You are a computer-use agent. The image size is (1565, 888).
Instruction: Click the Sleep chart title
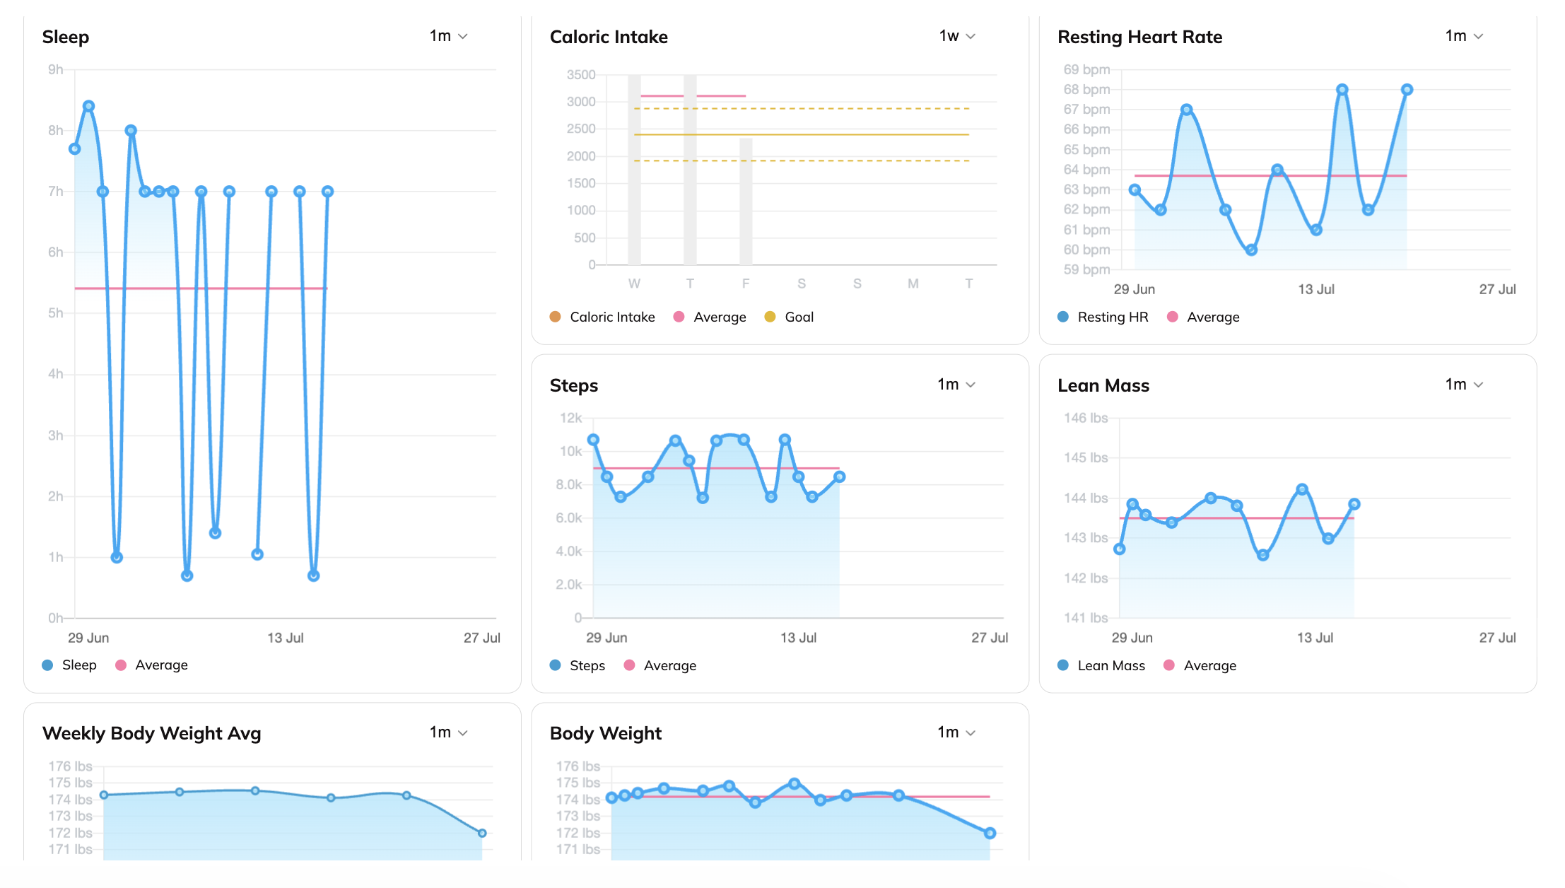click(66, 37)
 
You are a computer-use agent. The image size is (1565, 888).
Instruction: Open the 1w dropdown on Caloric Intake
click(957, 36)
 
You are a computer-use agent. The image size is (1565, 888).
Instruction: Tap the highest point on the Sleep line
click(88, 106)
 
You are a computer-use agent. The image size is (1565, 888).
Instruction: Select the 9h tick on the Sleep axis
click(55, 69)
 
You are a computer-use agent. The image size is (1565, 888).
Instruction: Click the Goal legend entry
click(790, 317)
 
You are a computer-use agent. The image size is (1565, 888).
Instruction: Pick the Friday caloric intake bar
click(746, 201)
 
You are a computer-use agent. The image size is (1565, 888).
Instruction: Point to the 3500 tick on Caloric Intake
click(581, 75)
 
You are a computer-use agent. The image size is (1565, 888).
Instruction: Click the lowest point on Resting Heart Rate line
click(1251, 250)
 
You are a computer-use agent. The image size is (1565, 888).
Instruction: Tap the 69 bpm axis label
click(1086, 69)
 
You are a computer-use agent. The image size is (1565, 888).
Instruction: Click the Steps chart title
click(574, 385)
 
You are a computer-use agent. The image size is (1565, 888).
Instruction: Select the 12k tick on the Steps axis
click(571, 418)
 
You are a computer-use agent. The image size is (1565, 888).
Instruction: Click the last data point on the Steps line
click(839, 477)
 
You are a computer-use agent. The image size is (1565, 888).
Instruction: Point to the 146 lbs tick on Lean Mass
click(1086, 418)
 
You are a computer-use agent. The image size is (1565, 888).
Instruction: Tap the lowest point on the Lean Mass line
click(1262, 555)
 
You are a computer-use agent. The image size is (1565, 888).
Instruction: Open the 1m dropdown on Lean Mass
click(1464, 385)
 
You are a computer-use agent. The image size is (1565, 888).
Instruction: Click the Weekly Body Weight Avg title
click(152, 733)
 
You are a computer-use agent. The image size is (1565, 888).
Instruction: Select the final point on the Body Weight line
click(990, 833)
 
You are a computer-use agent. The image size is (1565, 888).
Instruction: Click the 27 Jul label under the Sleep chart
click(482, 638)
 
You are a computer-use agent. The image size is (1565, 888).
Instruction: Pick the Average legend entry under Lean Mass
click(1200, 665)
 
